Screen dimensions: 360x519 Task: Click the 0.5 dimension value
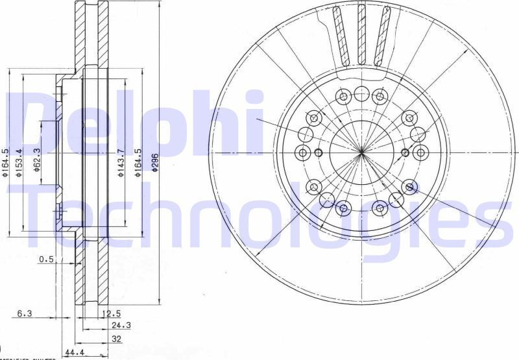46,259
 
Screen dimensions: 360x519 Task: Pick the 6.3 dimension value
25,313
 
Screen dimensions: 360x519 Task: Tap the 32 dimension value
115,339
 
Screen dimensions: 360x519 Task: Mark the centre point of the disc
361,152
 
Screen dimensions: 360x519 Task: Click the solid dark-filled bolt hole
409,187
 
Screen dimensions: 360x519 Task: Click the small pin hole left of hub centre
318,153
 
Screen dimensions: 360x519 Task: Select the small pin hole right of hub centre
405,153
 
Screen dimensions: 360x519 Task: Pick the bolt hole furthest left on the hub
302,153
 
